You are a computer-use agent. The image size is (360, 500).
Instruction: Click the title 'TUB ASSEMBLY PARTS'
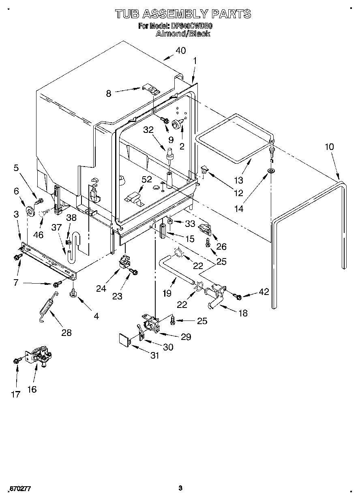(183, 15)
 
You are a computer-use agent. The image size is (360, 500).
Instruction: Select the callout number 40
(180, 51)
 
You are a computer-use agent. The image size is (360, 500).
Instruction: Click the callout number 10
(329, 147)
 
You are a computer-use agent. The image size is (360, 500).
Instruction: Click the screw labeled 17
(17, 359)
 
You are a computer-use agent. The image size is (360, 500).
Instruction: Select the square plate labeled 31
(123, 338)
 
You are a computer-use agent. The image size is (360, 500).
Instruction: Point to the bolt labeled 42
(238, 297)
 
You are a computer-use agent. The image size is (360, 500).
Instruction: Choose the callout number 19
(167, 293)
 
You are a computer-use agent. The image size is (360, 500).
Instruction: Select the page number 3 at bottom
(180, 488)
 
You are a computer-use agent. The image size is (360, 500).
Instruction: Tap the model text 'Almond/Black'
(183, 34)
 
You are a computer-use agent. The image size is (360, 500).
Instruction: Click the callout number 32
(149, 130)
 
